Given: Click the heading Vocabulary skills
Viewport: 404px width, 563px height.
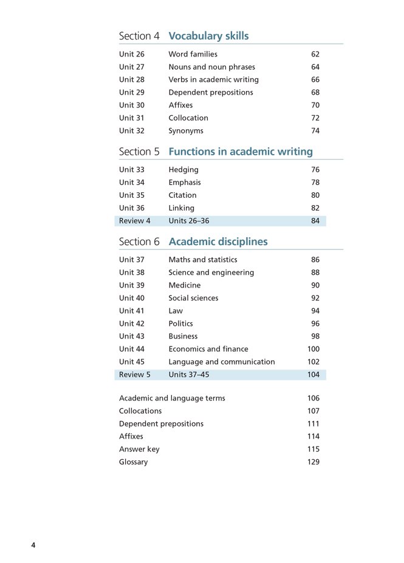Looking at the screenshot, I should pyautogui.click(x=208, y=36).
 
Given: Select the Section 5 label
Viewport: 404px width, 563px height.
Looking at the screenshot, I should pyautogui.click(x=139, y=152).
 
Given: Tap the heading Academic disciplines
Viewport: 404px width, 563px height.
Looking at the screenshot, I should pyautogui.click(x=217, y=241).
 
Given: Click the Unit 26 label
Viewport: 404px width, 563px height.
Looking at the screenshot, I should pyautogui.click(x=131, y=55).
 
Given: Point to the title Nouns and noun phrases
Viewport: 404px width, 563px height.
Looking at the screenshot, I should pyautogui.click(x=211, y=67).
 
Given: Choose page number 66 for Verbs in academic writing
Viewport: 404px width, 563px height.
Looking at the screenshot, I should pyautogui.click(x=315, y=80).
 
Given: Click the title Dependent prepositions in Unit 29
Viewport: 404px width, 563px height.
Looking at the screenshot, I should pyautogui.click(x=210, y=93).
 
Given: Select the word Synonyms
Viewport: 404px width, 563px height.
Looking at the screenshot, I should pyautogui.click(x=186, y=131).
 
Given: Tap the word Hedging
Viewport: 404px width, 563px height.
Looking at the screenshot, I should pyautogui.click(x=183, y=170).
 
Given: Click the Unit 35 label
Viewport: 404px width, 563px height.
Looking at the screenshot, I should pyautogui.click(x=131, y=195).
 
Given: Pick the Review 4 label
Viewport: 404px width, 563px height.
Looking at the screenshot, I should pyautogui.click(x=134, y=221).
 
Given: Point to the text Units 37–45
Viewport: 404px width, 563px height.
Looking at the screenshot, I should pyautogui.click(x=188, y=375).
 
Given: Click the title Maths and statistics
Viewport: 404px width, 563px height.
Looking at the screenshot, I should pyautogui.click(x=202, y=260).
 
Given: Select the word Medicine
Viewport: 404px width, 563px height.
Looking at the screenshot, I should pyautogui.click(x=184, y=285).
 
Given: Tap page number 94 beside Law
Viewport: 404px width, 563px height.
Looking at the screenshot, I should pyautogui.click(x=315, y=311).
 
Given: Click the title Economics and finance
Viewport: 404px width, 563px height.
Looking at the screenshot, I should pyautogui.click(x=208, y=349).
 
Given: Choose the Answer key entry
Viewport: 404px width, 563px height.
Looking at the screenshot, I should pyautogui.click(x=139, y=450).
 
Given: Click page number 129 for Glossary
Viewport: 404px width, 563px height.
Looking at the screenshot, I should pyautogui.click(x=313, y=462).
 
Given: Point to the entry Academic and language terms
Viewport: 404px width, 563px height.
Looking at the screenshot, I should pyautogui.click(x=172, y=399).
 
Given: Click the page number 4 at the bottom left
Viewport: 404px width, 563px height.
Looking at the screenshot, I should pyautogui.click(x=33, y=545).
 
